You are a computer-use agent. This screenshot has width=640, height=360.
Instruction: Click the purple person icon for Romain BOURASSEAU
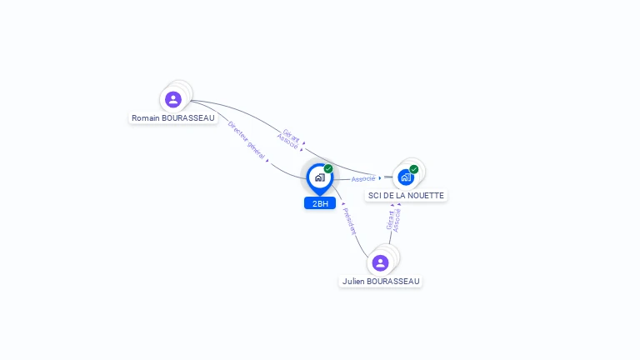pyautogui.click(x=173, y=99)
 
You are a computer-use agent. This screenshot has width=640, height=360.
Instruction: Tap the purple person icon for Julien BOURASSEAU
pyautogui.click(x=381, y=262)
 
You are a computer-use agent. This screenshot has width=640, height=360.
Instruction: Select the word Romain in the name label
pyautogui.click(x=146, y=118)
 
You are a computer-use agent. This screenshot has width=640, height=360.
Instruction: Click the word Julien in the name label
pyautogui.click(x=353, y=282)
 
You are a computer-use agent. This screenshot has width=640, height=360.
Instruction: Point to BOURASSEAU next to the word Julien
pyautogui.click(x=392, y=282)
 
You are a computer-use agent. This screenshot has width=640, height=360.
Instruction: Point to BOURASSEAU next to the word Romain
pyautogui.click(x=188, y=118)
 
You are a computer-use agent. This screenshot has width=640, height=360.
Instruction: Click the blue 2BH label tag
pyautogui.click(x=320, y=203)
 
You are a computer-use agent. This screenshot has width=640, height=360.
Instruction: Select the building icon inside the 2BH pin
pyautogui.click(x=319, y=177)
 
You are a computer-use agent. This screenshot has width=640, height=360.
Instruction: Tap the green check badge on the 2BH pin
pyautogui.click(x=328, y=169)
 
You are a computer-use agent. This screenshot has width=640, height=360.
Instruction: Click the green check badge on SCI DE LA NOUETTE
pyautogui.click(x=414, y=169)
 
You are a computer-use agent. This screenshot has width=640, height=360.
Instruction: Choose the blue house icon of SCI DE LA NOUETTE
pyautogui.click(x=405, y=177)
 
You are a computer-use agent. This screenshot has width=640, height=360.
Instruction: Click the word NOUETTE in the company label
pyautogui.click(x=425, y=196)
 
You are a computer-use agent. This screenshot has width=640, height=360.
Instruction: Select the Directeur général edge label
pyautogui.click(x=246, y=138)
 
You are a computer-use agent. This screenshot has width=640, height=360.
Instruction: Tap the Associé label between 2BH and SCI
pyautogui.click(x=363, y=179)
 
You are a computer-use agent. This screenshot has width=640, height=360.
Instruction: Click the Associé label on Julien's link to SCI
pyautogui.click(x=397, y=220)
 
